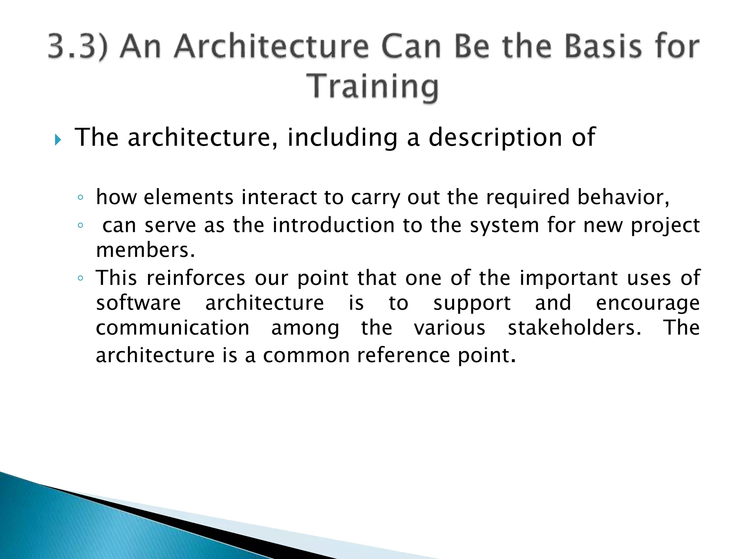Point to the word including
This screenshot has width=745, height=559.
click(x=342, y=138)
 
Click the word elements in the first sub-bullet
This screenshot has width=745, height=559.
click(x=188, y=197)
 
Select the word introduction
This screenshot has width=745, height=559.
click(x=333, y=225)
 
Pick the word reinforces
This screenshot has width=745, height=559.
click(x=196, y=278)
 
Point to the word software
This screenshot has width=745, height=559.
click(x=138, y=303)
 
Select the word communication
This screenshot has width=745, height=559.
click(x=172, y=328)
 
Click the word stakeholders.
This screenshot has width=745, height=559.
click(x=574, y=328)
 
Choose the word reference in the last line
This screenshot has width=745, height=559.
click(x=403, y=355)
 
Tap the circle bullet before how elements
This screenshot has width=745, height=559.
click(x=80, y=198)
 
